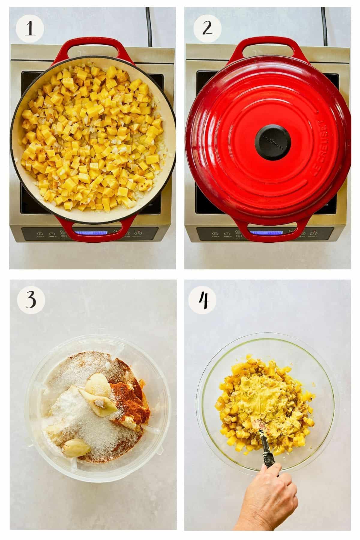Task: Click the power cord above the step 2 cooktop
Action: point(324,21)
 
